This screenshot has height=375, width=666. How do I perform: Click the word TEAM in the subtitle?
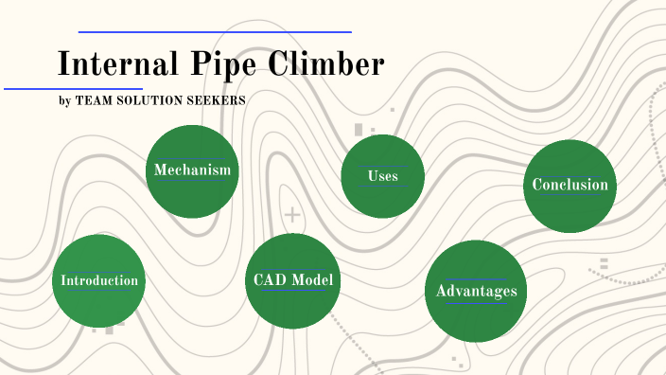[x=92, y=100]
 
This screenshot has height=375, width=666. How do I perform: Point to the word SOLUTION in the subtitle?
[x=149, y=100]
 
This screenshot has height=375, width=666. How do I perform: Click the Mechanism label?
[x=192, y=170]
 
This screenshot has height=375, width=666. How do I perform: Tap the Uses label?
[x=382, y=175]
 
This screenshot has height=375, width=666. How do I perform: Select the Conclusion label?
[x=570, y=184]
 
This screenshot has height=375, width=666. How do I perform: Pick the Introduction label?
[x=98, y=280]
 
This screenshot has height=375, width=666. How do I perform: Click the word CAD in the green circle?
[x=270, y=279]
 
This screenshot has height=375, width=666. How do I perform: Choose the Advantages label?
[x=476, y=291]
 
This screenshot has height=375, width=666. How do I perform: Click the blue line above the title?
[x=215, y=32]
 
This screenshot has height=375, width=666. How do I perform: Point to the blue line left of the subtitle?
[x=73, y=89]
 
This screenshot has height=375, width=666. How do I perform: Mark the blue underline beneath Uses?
[x=382, y=186]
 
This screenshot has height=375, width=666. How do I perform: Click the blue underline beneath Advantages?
[x=476, y=303]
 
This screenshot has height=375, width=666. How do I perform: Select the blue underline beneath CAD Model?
[x=291, y=291]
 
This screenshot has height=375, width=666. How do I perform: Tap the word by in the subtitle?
[x=64, y=100]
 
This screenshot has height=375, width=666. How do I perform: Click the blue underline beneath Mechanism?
[x=192, y=180]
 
